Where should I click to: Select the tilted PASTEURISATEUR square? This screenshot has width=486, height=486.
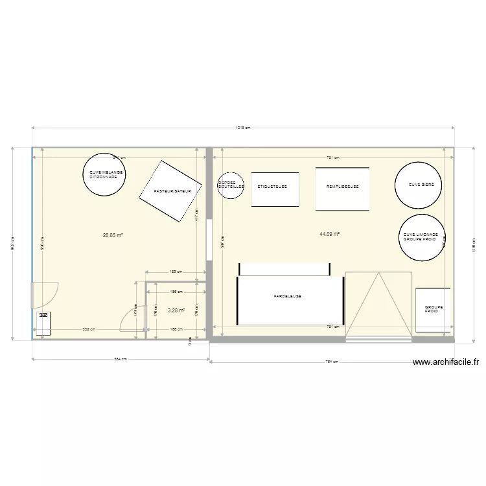tap(170, 192)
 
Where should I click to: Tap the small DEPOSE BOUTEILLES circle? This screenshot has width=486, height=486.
tap(230, 186)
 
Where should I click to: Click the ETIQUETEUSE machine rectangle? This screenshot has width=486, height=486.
tap(275, 189)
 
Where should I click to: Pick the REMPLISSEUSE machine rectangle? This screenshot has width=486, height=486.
tap(342, 189)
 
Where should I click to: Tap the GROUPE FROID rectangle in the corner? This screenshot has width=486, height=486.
tap(432, 310)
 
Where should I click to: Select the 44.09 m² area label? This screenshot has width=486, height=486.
tap(330, 234)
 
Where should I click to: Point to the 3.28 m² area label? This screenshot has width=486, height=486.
tap(176, 311)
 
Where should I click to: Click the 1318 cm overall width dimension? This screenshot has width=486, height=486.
tap(242, 128)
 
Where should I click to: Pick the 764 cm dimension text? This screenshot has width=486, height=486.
tap(332, 362)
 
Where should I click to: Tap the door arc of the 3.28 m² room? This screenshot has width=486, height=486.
tap(132, 319)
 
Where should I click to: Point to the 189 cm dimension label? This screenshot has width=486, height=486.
tap(176, 272)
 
